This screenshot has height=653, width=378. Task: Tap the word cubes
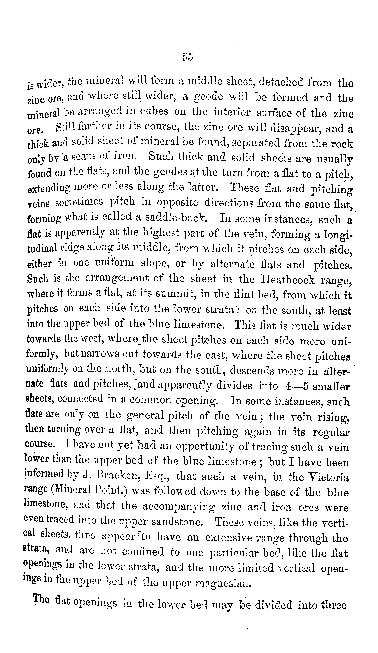tap(153, 111)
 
